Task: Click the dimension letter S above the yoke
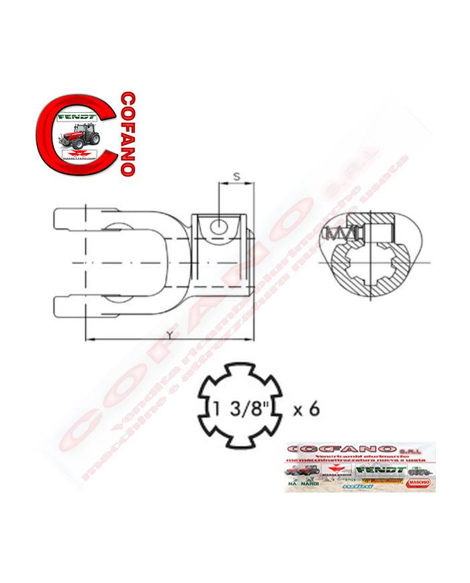click(x=236, y=176)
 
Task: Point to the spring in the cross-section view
click(x=340, y=234)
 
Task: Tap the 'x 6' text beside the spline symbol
click(x=306, y=409)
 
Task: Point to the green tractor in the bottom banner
click(x=420, y=472)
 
